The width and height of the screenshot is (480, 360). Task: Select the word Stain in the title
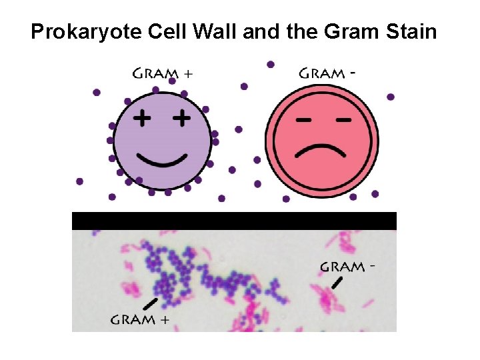point(411,31)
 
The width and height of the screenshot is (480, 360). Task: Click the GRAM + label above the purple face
point(162,74)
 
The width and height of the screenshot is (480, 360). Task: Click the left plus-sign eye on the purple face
point(141,119)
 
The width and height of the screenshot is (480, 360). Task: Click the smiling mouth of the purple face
point(161,160)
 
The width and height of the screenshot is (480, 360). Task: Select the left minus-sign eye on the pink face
point(303,121)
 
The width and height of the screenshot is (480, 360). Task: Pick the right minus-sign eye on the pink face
point(343,121)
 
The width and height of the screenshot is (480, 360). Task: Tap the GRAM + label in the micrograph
point(139,319)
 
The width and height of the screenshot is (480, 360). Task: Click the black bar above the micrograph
point(234,221)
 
